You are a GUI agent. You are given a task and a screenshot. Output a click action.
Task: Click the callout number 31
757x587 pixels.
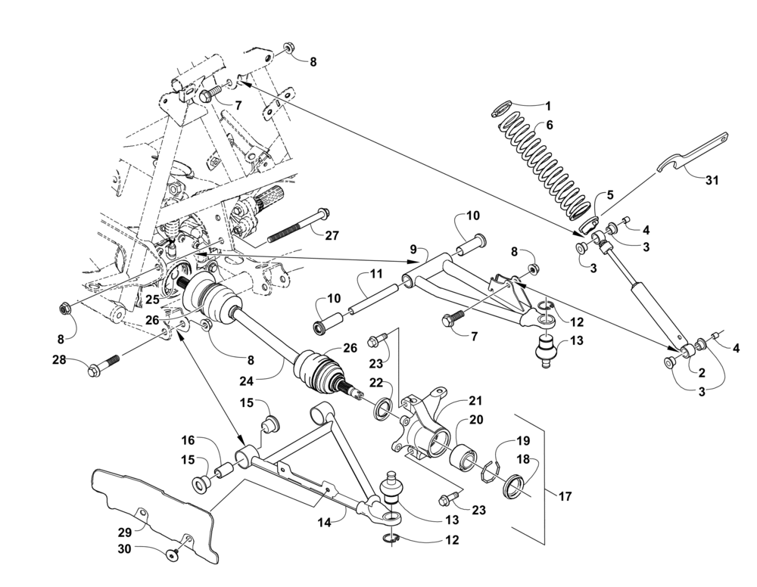(712, 181)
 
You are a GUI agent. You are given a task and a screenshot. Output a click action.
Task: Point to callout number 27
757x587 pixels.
(332, 235)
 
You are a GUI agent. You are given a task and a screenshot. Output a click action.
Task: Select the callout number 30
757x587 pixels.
(125, 548)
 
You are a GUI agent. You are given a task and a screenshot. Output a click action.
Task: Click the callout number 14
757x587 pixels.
(325, 523)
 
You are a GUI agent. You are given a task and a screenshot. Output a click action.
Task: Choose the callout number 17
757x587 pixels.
(565, 495)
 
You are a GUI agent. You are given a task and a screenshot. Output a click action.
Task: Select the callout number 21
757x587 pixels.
(475, 402)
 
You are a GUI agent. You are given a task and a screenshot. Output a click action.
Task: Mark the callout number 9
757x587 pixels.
(413, 250)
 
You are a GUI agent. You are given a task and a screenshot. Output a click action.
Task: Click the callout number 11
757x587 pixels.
(376, 275)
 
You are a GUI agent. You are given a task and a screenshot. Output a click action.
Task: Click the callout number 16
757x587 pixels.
(188, 440)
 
